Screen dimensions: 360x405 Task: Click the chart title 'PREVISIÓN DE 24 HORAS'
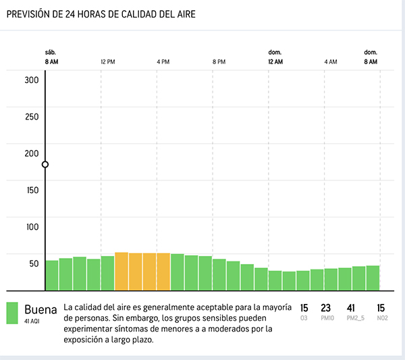101,14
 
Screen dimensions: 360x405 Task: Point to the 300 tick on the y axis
32,80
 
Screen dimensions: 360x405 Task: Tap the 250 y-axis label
32,116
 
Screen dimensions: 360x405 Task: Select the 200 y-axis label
32,153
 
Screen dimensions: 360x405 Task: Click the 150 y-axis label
32,190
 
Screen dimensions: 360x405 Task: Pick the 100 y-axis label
32,226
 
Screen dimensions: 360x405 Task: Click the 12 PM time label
107,61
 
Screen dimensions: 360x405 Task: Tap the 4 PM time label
163,61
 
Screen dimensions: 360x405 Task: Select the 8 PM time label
219,61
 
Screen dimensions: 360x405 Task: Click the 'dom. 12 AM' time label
275,57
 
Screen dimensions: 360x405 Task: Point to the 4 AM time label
330,61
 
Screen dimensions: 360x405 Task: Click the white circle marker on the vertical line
45,164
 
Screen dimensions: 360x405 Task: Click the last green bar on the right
373,276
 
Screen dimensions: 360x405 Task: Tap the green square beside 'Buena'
12,312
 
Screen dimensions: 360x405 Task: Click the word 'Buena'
40,309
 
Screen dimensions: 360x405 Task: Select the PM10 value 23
325,308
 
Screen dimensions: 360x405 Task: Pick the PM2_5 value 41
350,308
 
